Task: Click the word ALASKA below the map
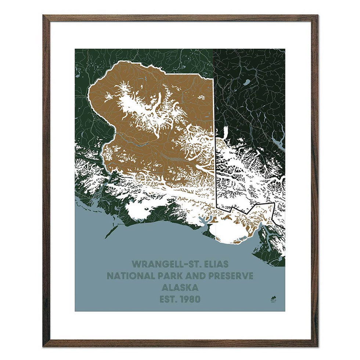pos(180,287)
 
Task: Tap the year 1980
pos(190,299)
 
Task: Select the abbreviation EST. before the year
pos(169,299)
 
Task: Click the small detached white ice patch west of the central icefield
pos(109,97)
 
